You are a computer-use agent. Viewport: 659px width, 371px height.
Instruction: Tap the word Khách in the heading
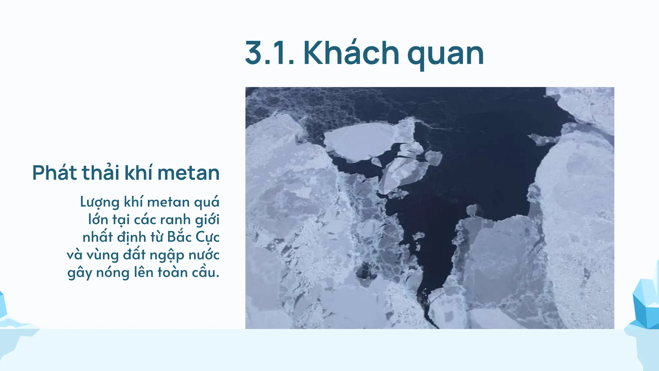[351, 52]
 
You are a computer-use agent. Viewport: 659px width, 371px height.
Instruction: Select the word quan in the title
[445, 54]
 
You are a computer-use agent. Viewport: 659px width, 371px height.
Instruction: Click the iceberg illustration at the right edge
[645, 306]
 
